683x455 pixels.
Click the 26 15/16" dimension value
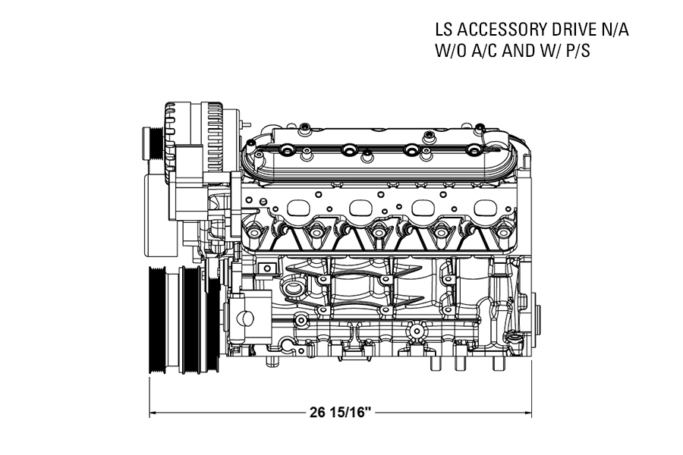341,412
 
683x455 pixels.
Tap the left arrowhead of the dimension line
153,413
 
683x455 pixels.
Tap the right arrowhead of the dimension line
528,413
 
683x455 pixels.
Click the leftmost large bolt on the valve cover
287,150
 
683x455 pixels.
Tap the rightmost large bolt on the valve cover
473,150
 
